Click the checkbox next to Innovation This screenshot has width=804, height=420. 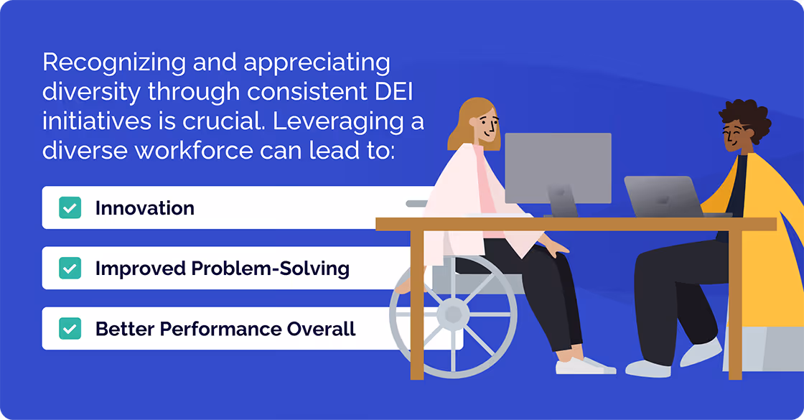pos(70,208)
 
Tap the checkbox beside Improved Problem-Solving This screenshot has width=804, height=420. pos(70,269)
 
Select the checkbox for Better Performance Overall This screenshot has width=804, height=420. pos(70,329)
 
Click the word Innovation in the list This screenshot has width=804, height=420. pos(144,208)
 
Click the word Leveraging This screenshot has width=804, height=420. pos(347,122)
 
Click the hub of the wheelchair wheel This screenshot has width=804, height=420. pos(453,314)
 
